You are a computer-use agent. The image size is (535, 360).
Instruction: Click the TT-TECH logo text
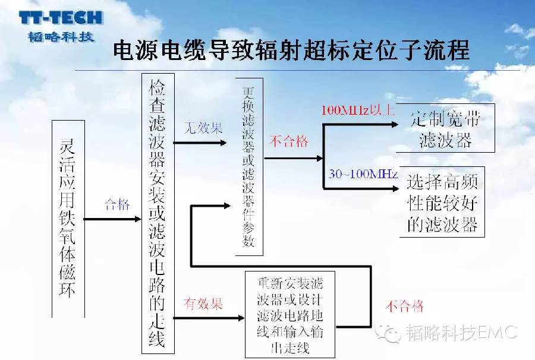coord(61,18)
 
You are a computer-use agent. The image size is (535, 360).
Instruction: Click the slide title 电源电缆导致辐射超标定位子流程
coord(291,50)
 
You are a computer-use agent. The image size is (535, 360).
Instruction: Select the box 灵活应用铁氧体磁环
coord(68,219)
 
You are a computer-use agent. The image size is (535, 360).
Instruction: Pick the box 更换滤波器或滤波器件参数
coord(249,167)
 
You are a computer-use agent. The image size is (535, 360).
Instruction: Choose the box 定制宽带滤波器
coord(445,128)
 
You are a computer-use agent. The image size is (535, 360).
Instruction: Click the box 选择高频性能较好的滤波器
coord(442,202)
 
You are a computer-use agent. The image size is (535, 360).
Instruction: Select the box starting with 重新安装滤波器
coord(290,315)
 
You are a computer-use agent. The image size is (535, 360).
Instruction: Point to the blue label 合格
coord(117,204)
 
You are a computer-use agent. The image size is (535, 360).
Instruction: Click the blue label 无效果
coord(203,128)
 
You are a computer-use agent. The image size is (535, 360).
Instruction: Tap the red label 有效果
coord(203,304)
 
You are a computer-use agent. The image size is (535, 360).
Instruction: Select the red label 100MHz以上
coord(358,110)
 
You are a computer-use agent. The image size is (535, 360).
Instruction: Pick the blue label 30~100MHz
coord(363,174)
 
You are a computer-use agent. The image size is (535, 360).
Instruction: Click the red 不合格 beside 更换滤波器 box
coord(289,141)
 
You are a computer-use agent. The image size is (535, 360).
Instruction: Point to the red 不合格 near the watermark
coord(405,306)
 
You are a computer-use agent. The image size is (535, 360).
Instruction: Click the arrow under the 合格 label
coord(112,219)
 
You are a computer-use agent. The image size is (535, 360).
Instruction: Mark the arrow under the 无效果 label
coord(200,143)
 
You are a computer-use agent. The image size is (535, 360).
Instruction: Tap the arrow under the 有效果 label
coord(209,318)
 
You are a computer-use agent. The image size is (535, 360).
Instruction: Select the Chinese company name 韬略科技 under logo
coord(61,36)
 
